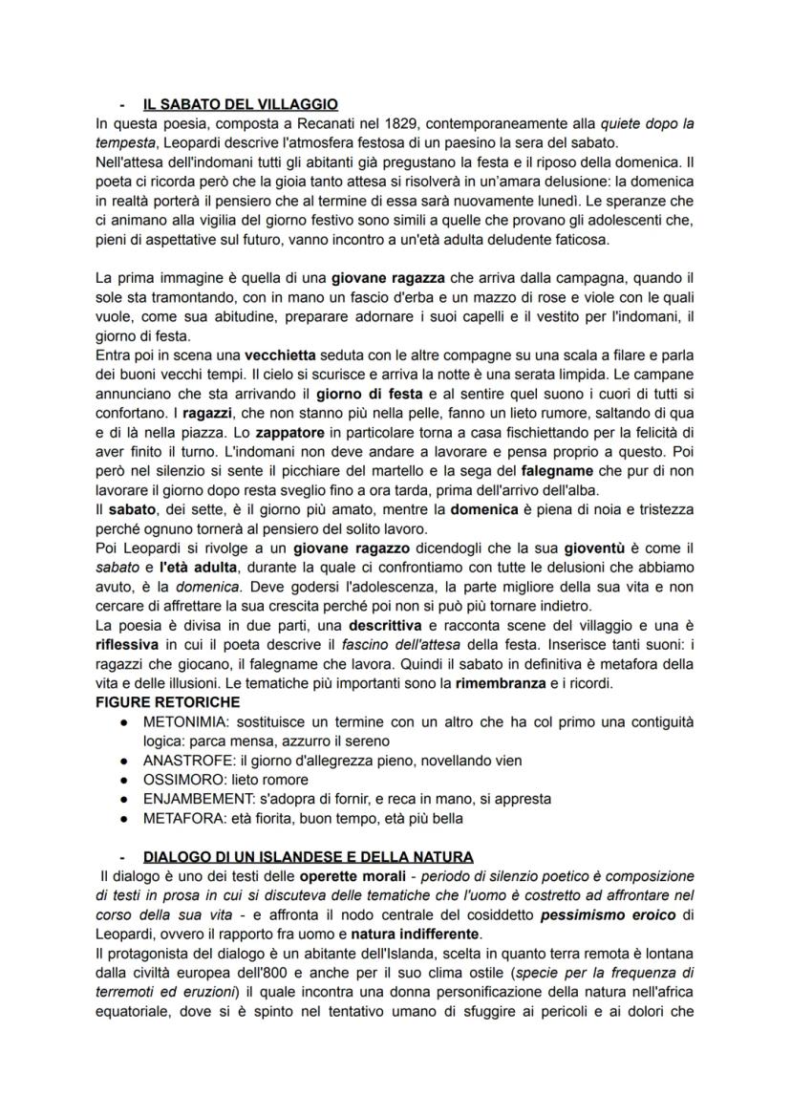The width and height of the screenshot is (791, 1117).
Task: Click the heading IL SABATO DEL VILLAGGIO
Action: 240,104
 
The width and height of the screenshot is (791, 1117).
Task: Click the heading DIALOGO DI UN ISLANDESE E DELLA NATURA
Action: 308,857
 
